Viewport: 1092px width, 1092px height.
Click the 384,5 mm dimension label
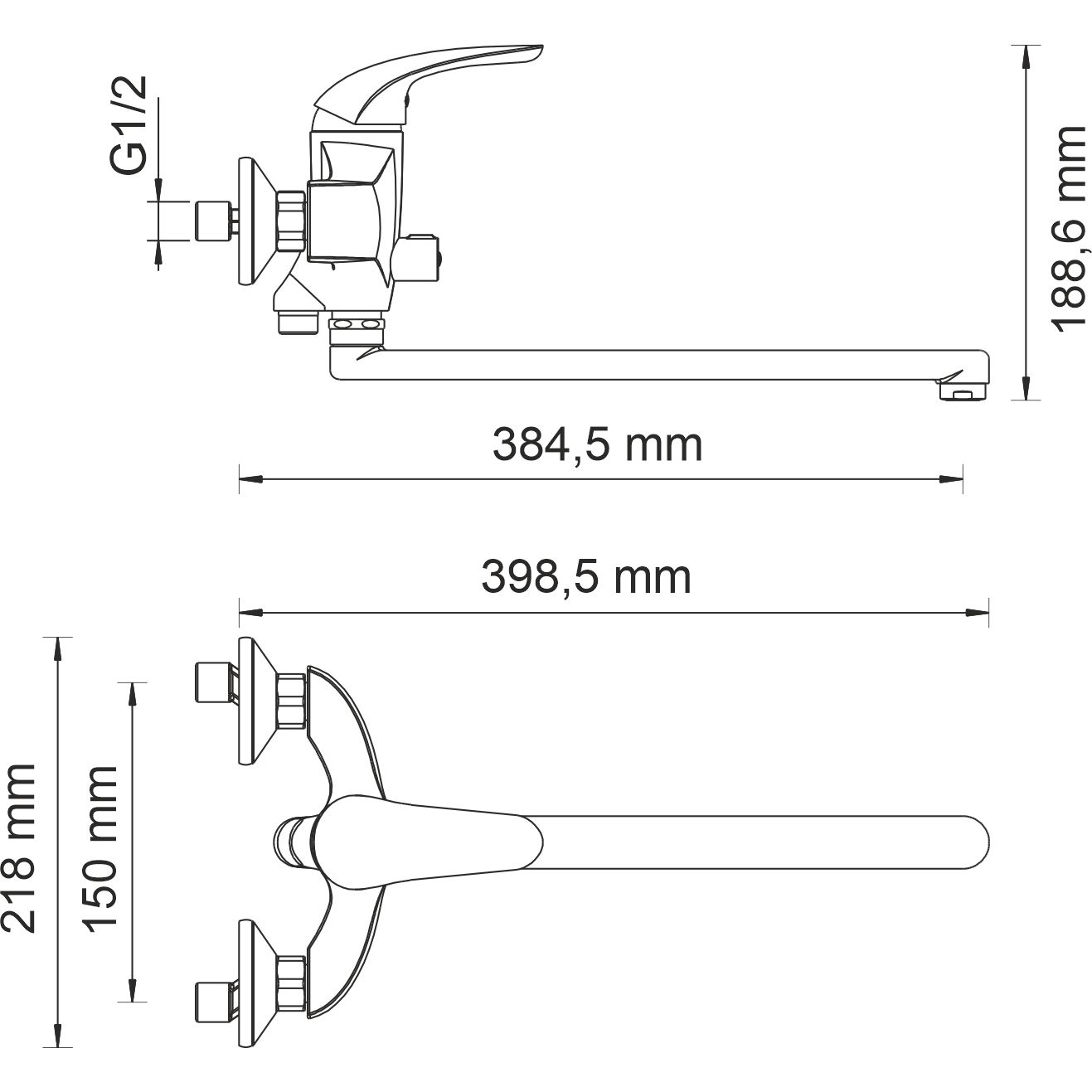click(597, 445)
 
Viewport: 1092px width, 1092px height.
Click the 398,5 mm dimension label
click(585, 578)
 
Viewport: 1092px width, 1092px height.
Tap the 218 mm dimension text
click(20, 849)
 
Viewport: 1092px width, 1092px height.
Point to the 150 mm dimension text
click(101, 849)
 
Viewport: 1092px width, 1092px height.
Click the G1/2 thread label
click(130, 125)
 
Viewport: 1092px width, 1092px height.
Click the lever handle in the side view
click(431, 79)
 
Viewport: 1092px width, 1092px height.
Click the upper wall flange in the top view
click(252, 701)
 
